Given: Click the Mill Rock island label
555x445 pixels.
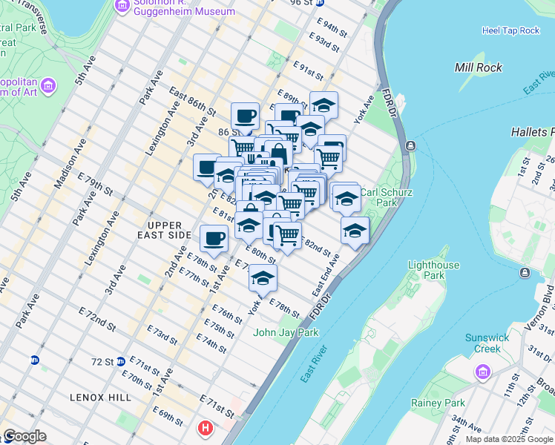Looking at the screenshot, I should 479,67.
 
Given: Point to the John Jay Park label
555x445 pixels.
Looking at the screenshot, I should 286,332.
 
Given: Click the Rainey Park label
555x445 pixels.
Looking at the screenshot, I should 438,403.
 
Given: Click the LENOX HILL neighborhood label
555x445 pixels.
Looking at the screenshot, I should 101,398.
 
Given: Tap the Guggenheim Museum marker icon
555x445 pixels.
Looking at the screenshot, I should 121,6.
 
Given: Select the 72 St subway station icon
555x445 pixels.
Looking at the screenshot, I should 120,361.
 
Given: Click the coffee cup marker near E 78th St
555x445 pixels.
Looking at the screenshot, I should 214,239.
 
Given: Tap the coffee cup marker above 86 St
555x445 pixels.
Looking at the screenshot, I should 245,116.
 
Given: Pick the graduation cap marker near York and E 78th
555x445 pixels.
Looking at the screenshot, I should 262,278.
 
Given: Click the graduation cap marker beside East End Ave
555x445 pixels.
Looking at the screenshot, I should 355,230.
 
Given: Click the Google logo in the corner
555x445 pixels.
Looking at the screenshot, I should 24,437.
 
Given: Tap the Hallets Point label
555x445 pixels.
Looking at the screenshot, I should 533,132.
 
